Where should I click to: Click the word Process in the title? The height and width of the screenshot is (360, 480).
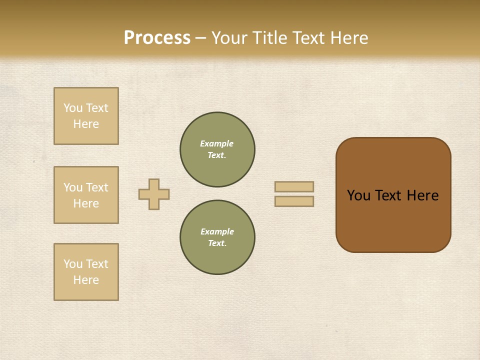pos(157,38)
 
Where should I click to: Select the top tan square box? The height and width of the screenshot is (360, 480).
pos(86,116)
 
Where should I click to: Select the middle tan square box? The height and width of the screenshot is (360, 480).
pos(86,195)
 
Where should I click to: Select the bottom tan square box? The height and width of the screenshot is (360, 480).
pos(86,272)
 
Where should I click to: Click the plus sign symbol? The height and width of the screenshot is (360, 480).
pos(154,194)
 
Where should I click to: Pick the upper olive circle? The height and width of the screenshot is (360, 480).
pos(217,149)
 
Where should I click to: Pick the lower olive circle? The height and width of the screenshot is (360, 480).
pos(217,237)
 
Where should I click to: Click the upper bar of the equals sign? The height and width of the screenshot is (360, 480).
pos(294,186)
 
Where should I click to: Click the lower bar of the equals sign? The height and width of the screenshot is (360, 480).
pos(294,201)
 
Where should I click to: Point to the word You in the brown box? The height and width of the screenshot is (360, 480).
pos(358,195)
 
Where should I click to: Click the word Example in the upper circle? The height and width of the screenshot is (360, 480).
pos(217,143)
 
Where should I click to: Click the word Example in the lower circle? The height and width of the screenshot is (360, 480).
pos(217,231)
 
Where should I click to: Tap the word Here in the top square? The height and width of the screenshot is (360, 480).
pos(86,124)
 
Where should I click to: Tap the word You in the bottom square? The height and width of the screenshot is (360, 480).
pos(73,264)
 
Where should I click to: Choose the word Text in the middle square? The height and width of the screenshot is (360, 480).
pos(97,187)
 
